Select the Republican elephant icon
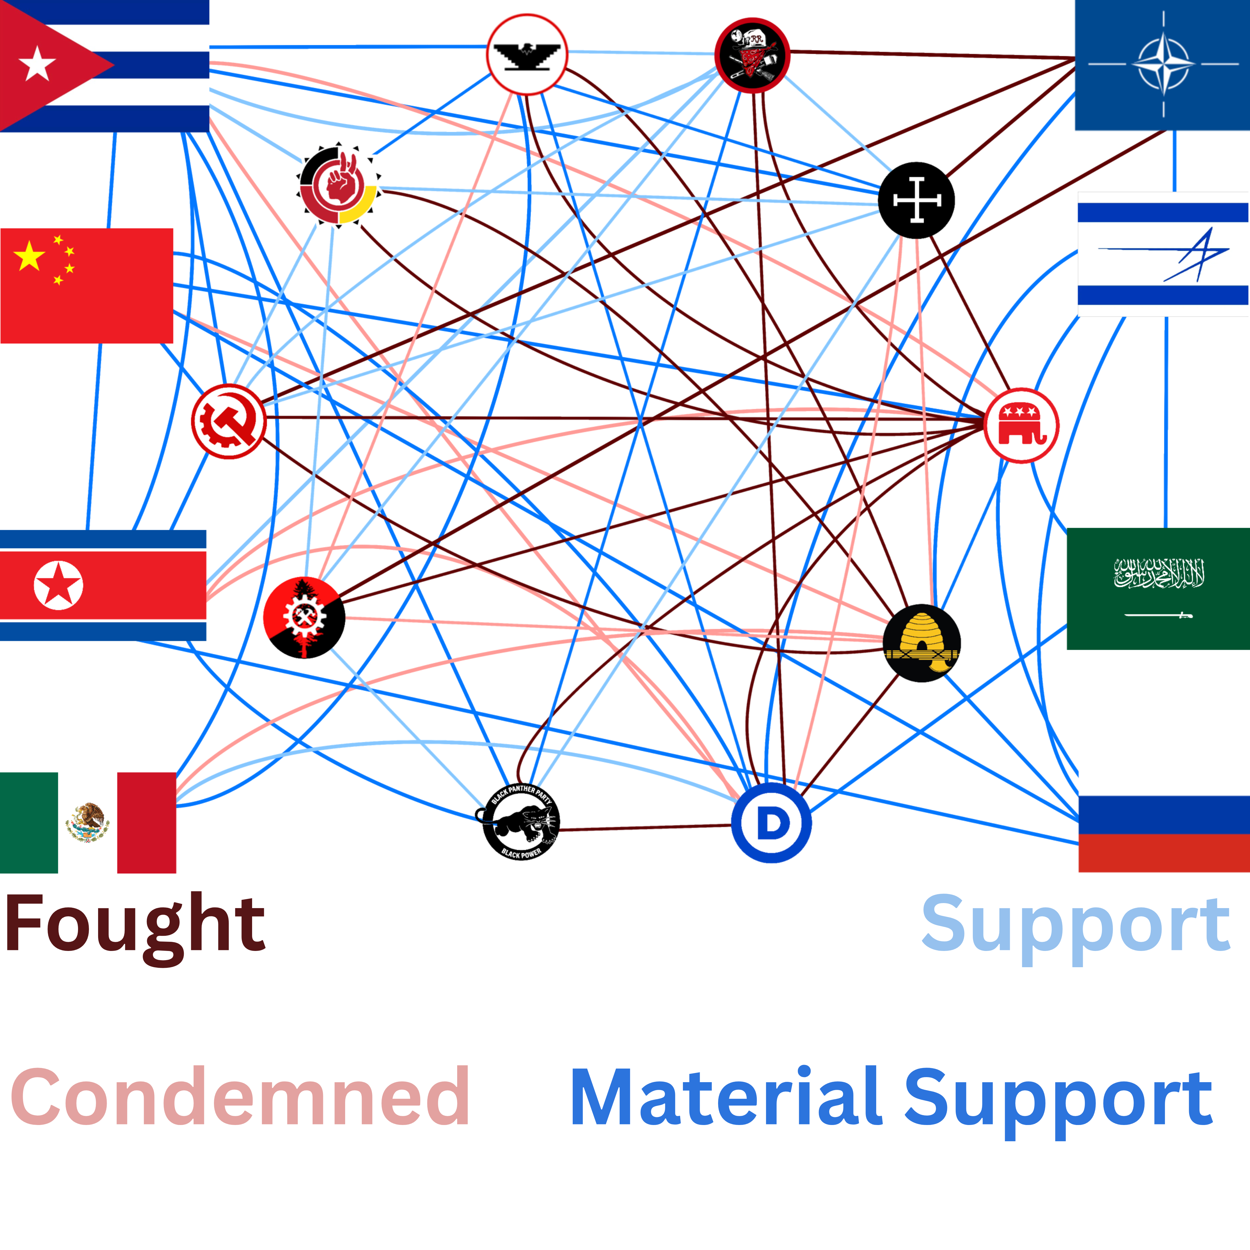point(1021,425)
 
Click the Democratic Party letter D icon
point(771,824)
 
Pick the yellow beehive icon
point(921,642)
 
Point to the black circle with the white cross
point(916,201)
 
